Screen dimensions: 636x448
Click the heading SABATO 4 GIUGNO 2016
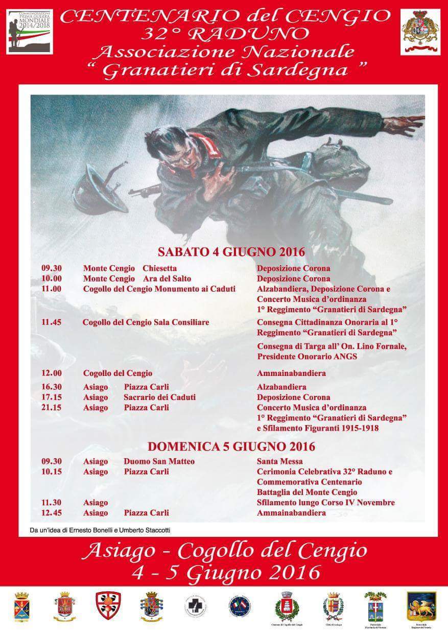click(231, 252)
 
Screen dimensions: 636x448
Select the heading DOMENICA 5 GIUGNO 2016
click(231, 446)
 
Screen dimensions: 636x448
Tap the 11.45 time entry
click(51, 322)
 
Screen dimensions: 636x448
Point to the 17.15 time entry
click(51, 397)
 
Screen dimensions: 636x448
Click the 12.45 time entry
click(51, 513)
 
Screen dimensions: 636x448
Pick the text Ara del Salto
click(167, 278)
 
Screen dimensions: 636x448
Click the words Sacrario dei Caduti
click(152, 397)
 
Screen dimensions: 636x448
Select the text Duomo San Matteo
click(152, 461)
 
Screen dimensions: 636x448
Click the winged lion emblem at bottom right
click(421, 606)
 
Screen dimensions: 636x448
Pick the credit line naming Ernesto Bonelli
click(100, 530)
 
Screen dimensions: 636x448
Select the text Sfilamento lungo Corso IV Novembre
click(326, 503)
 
